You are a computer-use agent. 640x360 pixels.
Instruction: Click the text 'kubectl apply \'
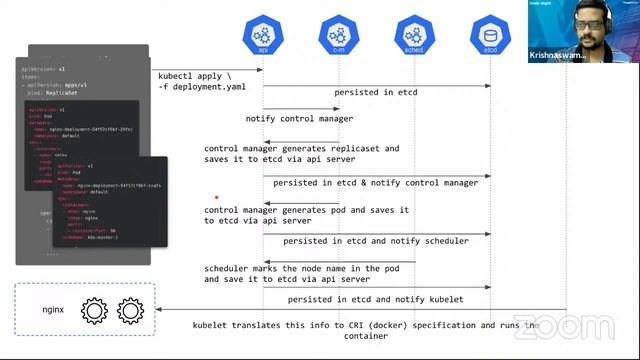click(x=195, y=76)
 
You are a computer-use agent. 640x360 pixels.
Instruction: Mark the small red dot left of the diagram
click(x=216, y=198)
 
